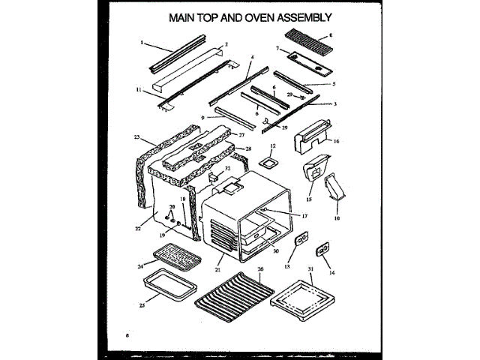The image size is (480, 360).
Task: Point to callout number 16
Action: (337, 140)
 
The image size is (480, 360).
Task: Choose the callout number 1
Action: (141, 42)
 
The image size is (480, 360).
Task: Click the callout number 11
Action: (139, 89)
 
